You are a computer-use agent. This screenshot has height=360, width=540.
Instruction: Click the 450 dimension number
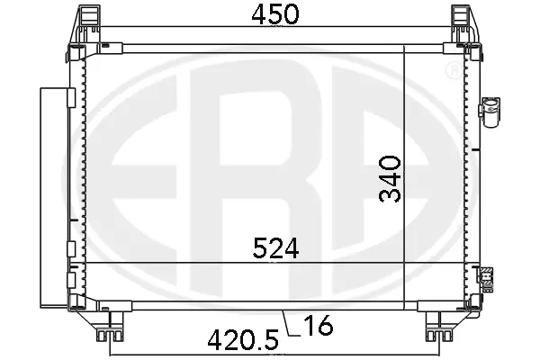271,16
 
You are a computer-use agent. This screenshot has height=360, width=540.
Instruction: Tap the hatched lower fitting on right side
488,279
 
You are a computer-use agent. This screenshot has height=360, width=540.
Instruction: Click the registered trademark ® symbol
451,69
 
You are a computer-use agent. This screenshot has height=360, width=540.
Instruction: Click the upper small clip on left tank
69,94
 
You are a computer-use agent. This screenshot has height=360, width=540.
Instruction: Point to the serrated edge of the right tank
466,180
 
